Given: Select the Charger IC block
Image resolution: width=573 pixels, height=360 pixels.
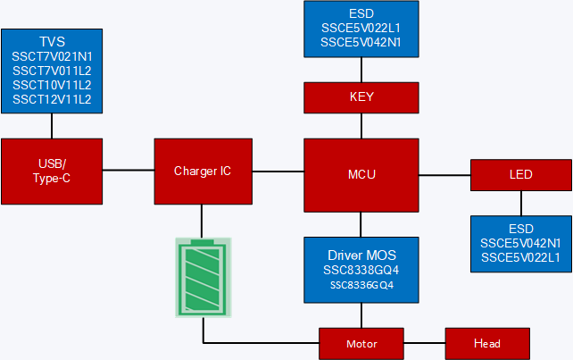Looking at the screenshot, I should point(202,171).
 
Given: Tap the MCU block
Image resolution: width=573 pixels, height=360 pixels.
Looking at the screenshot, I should point(361,175).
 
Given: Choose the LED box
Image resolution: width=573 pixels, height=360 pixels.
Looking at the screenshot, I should point(520,175).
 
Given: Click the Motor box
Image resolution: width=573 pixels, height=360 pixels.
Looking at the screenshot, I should point(361,343).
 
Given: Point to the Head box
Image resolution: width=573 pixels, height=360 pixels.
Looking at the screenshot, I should point(486,343).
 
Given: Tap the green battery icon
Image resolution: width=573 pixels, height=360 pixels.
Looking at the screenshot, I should point(203,278).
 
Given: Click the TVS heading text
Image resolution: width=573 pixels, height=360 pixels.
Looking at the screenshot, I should point(52,42).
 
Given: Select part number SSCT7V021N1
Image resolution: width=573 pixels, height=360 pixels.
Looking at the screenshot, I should point(52,56).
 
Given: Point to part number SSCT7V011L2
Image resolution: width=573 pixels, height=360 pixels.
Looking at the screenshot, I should point(52,71).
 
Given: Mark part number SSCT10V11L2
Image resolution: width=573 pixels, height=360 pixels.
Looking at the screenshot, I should point(52,85).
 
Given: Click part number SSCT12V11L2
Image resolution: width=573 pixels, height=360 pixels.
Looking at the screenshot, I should point(52,99).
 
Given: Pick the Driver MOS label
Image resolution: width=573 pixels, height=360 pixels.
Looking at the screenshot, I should point(361,254).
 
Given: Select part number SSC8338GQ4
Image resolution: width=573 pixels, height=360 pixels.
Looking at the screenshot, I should point(361,269).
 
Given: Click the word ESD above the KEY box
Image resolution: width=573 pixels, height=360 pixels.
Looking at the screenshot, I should point(361,13).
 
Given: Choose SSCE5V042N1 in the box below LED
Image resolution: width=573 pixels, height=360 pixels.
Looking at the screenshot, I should point(520,243).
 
